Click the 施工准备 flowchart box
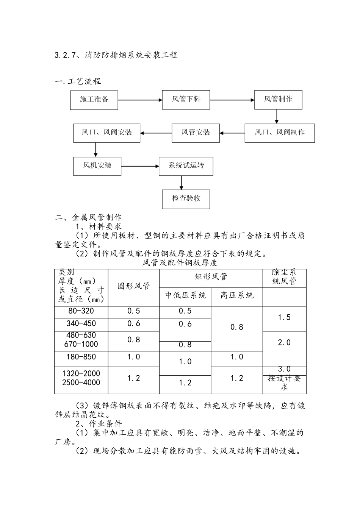click(94, 100)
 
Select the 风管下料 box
click(186, 100)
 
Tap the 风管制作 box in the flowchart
click(278, 100)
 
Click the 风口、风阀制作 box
click(279, 133)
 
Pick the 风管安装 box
click(196, 133)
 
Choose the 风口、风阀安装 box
click(106, 133)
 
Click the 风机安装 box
click(97, 166)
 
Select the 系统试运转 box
click(186, 166)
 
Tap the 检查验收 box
click(186, 199)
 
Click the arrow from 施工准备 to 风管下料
click(140, 100)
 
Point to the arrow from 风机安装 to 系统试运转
click(140, 166)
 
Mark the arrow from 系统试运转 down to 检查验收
click(182, 182)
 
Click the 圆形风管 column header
click(133, 286)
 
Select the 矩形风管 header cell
click(211, 277)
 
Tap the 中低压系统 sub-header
click(185, 295)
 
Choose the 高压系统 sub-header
click(237, 295)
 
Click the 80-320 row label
click(81, 311)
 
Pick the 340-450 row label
click(81, 324)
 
